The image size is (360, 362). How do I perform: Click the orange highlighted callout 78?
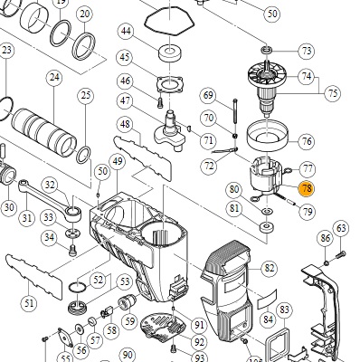coord(307,189)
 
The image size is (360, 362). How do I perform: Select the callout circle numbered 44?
coord(126,31)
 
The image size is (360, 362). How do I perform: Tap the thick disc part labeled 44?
coord(170,52)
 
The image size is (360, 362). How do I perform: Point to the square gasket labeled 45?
coord(170,83)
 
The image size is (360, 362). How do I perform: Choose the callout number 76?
coord(307,141)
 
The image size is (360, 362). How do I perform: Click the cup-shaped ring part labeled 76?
coord(267,135)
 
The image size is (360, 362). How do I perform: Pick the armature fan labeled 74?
coord(267,75)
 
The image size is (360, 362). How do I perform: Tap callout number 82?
coord(269,268)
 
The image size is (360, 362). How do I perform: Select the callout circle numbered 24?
coord(54,78)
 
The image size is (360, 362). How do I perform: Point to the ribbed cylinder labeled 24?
coord(43,132)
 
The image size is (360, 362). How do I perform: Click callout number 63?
coord(341,228)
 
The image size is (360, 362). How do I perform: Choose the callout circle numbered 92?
coord(199,342)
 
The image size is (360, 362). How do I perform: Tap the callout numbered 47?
coord(126,100)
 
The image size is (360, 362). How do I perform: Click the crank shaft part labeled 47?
coord(170,129)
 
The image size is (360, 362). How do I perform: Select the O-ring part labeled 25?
coord(83,155)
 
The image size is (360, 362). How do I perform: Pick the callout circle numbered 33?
coord(49,217)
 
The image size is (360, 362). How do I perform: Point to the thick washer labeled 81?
coord(267,227)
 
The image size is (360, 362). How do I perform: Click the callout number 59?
coord(129,321)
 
